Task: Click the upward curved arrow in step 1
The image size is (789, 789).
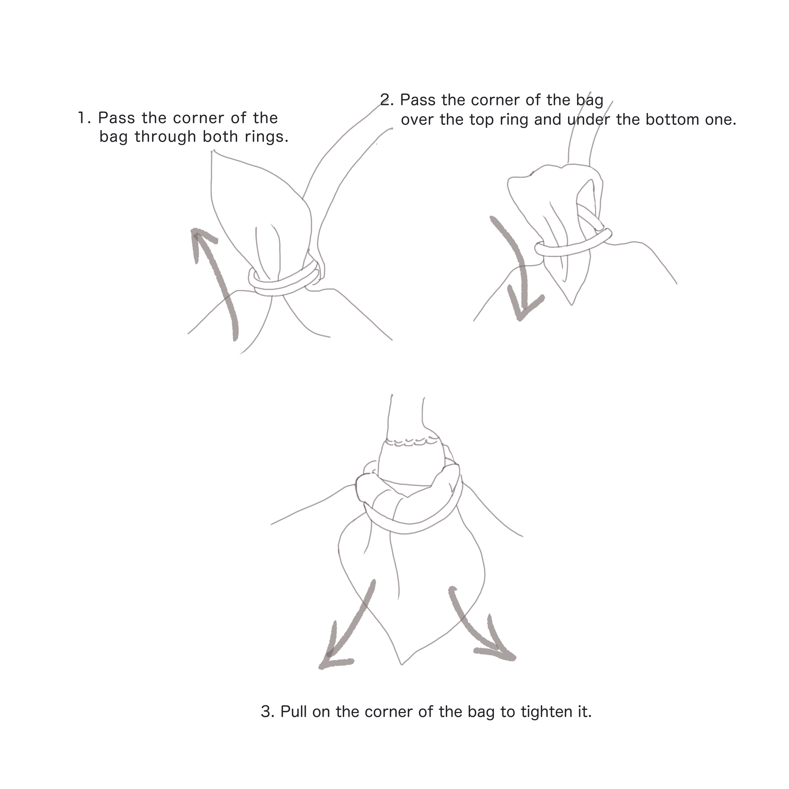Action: pyautogui.click(x=215, y=282)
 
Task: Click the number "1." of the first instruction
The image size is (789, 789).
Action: pyautogui.click(x=84, y=118)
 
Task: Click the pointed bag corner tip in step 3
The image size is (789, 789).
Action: pyautogui.click(x=402, y=665)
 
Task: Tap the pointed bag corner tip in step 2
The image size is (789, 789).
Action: pyautogui.click(x=571, y=304)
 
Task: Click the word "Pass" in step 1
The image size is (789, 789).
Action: pyautogui.click(x=116, y=118)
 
